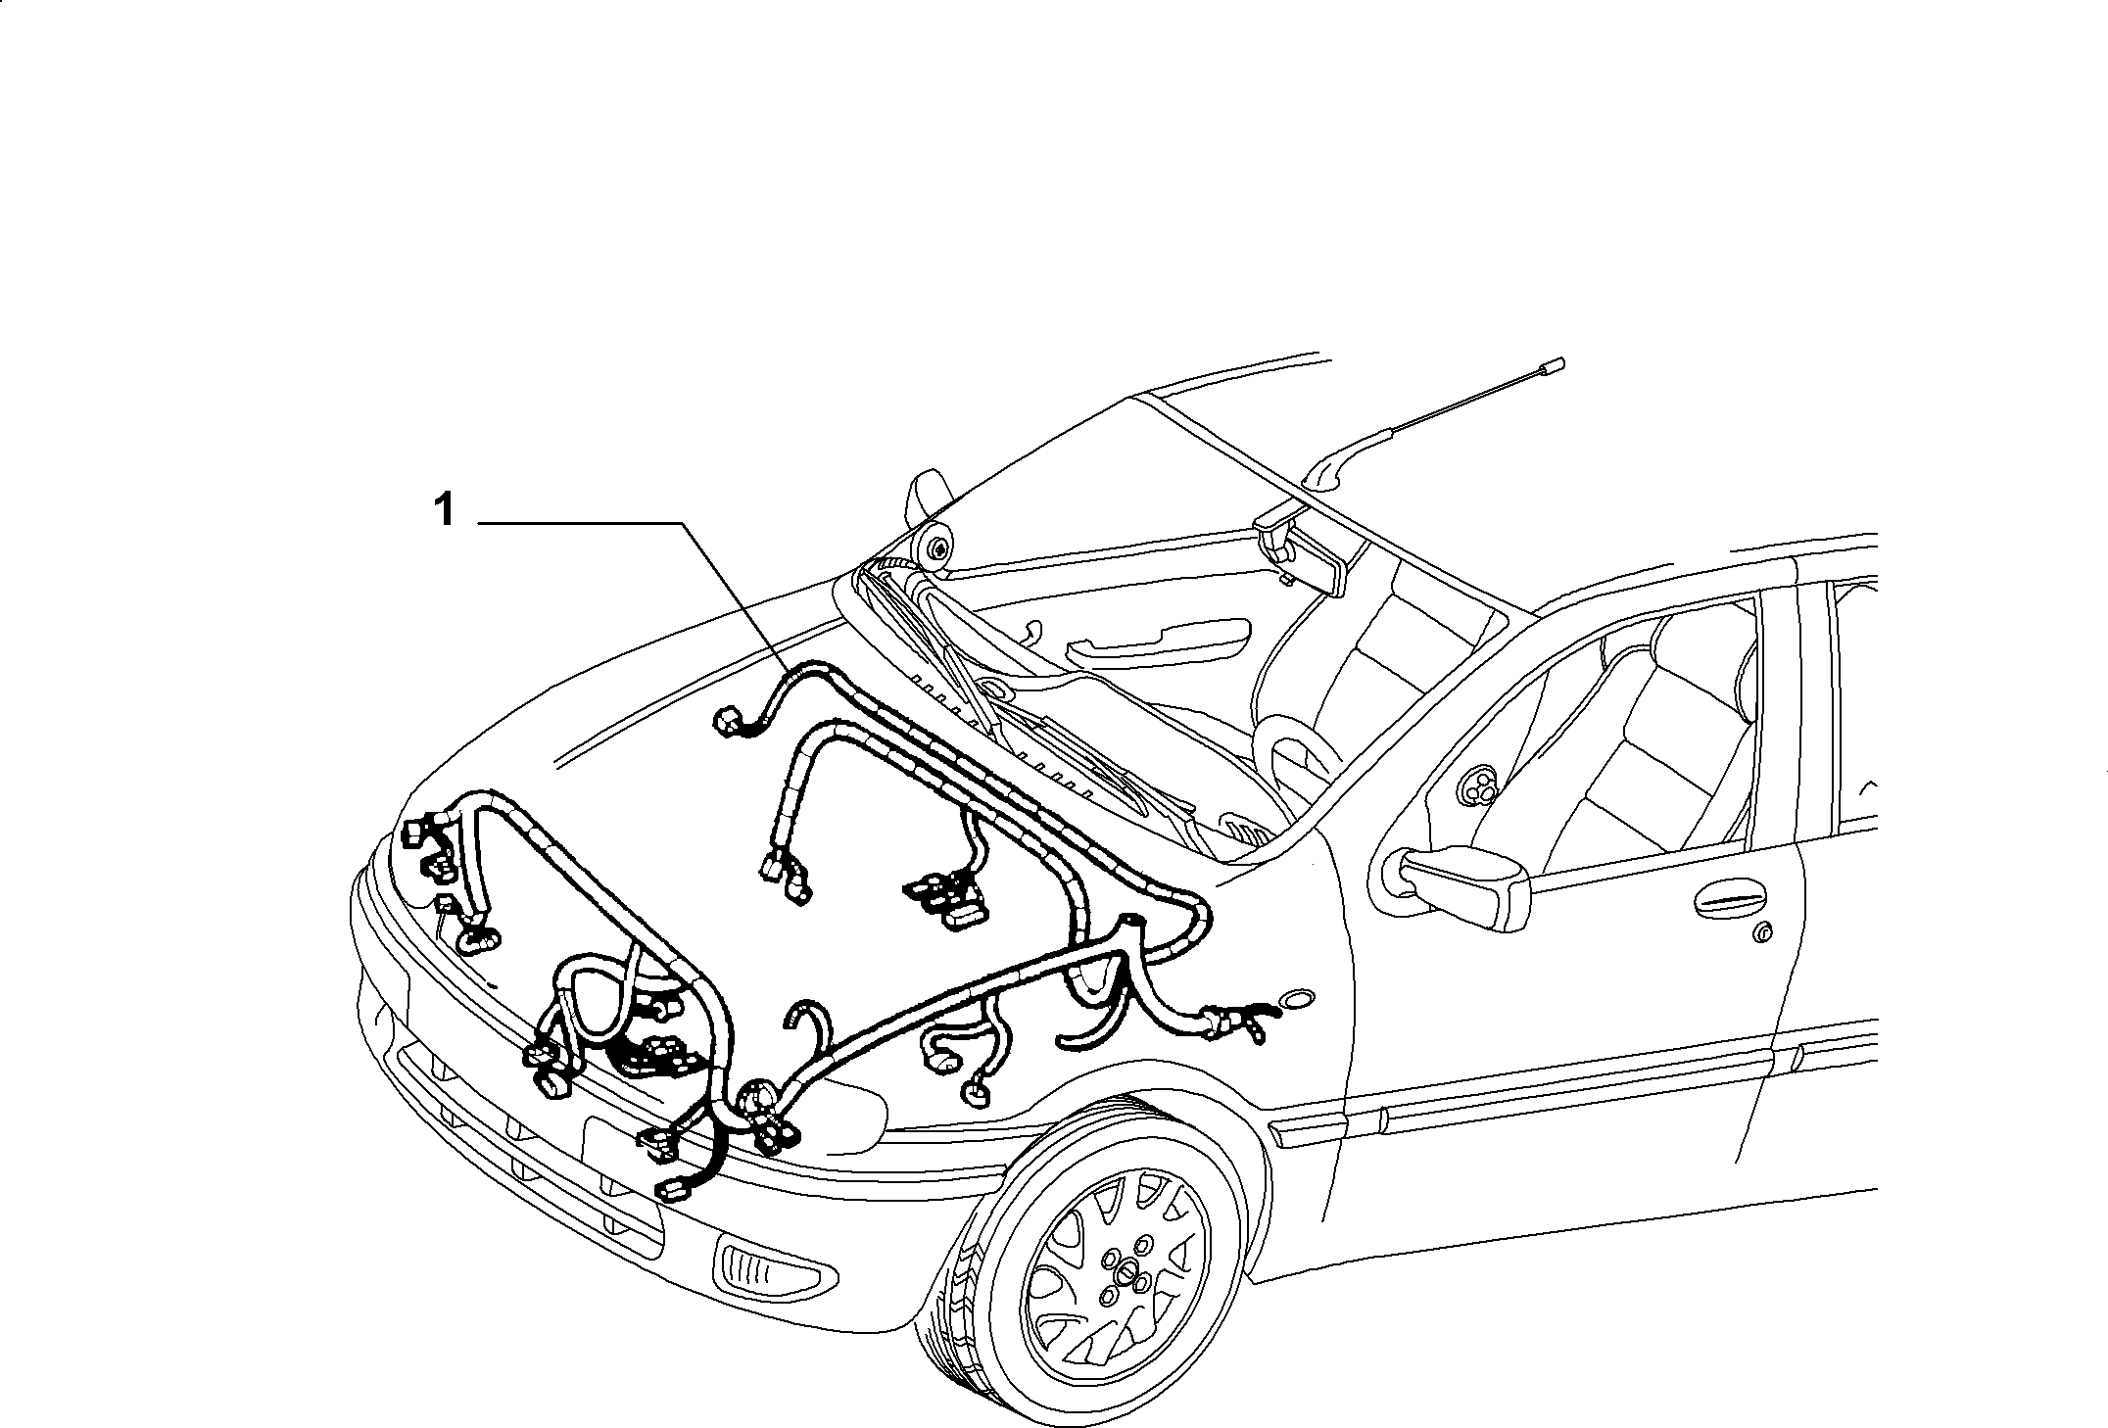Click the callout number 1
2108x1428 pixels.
coord(445,510)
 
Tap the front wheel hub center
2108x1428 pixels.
coord(1128,1273)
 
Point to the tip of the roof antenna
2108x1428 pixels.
coord(1554,365)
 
